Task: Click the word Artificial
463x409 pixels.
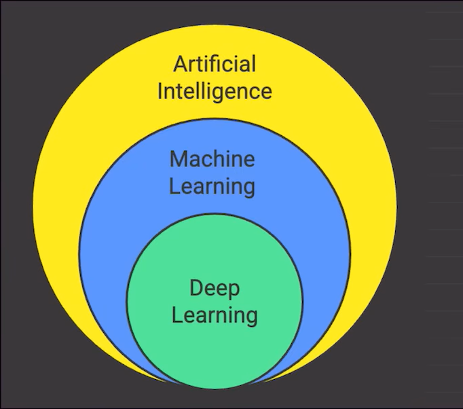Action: pyautogui.click(x=214, y=65)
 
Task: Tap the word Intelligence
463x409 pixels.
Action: pyautogui.click(x=214, y=91)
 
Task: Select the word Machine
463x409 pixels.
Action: pyautogui.click(x=212, y=160)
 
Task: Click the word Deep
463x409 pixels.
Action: pyautogui.click(x=214, y=288)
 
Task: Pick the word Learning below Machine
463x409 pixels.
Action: pyautogui.click(x=212, y=186)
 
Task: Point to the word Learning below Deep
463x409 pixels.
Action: pyautogui.click(x=214, y=315)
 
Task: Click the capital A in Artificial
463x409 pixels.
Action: pyautogui.click(x=180, y=65)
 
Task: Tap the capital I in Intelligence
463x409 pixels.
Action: pyautogui.click(x=160, y=90)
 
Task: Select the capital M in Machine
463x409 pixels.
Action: pyautogui.click(x=179, y=160)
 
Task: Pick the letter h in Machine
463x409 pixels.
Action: pyautogui.click(x=223, y=160)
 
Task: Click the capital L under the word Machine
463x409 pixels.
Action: pyautogui.click(x=174, y=186)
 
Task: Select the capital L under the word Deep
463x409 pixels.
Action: pyautogui.click(x=176, y=315)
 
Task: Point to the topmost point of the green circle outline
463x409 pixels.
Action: pyautogui.click(x=215, y=213)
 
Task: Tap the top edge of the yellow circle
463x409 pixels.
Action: pyautogui.click(x=215, y=25)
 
